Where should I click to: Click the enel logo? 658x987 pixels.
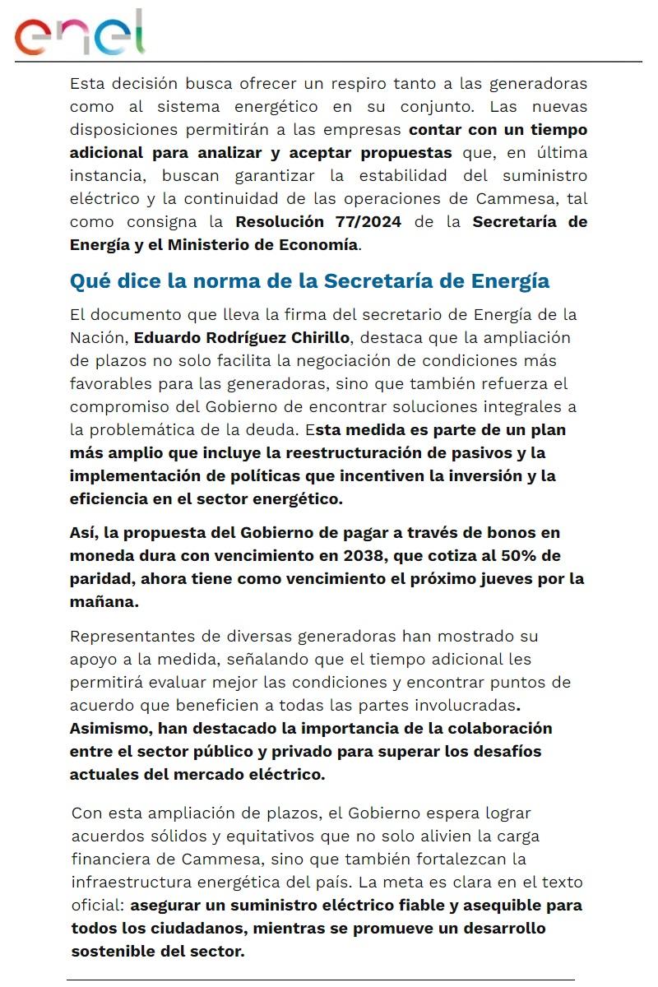pyautogui.click(x=79, y=33)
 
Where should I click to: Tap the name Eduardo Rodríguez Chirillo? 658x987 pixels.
pyautogui.click(x=242, y=338)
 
